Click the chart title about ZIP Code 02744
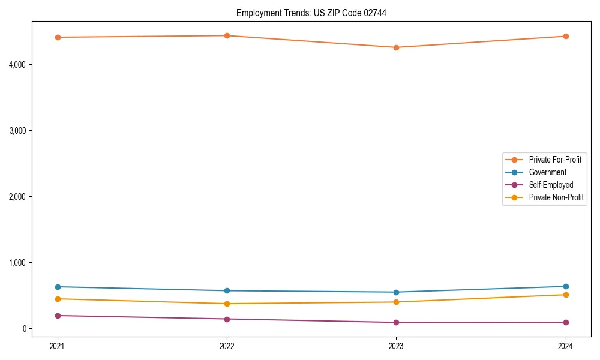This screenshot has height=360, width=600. tap(311, 13)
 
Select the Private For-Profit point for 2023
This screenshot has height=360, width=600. tap(396, 47)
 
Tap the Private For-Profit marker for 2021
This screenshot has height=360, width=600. tap(58, 37)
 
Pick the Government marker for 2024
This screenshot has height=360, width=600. tap(566, 286)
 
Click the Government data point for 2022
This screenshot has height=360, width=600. tap(227, 291)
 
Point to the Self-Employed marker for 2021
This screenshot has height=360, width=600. tap(58, 316)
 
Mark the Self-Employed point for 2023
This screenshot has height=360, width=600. tap(396, 322)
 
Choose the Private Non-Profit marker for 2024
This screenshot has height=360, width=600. tap(566, 295)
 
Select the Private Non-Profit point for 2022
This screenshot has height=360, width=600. tap(227, 304)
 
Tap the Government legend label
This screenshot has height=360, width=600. tap(547, 172)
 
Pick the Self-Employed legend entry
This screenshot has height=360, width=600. tap(551, 185)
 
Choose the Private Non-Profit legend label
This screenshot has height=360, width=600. tap(556, 197)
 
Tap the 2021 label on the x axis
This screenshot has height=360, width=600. tap(58, 346)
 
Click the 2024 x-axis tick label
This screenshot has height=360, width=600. tap(566, 346)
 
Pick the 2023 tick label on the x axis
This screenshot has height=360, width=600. tap(396, 346)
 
